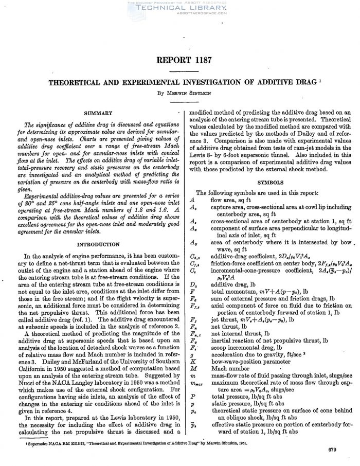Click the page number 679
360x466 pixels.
point(331,451)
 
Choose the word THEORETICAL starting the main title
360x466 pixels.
point(75,81)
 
